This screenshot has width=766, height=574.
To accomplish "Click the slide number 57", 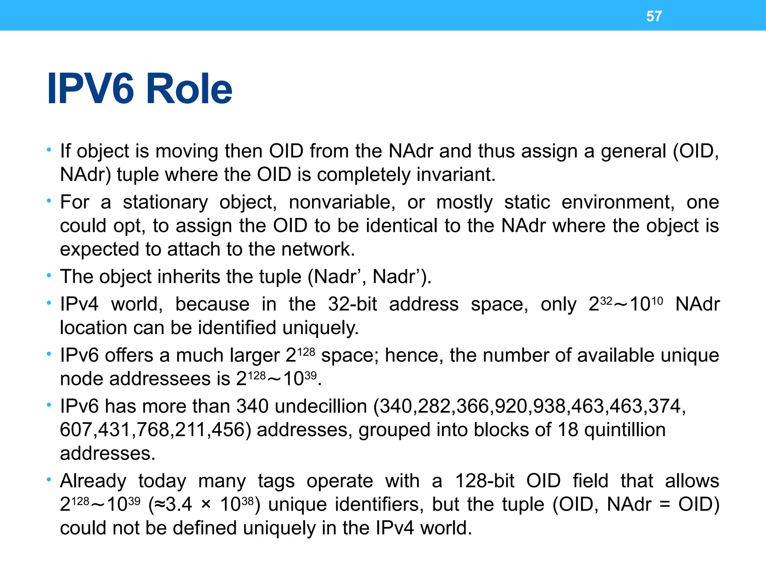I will pos(654,16).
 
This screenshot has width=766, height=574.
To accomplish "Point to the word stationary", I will pos(165,202).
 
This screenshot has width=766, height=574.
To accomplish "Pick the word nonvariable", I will pos(342,202).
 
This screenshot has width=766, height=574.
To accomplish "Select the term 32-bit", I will pos(352,304).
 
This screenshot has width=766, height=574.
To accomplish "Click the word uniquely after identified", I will pos(321,328).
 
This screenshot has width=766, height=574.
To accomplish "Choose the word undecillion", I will pos(321,406).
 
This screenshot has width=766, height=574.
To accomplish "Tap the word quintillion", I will pos(625,430).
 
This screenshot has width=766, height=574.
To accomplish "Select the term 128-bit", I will pos(484,481).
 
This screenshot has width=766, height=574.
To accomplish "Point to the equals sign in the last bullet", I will pos(665,504).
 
